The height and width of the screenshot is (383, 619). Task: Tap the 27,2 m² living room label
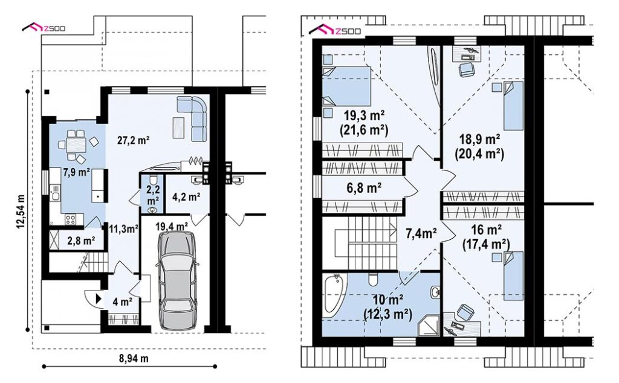tap(134, 140)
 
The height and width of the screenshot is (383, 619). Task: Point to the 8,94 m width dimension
tap(134, 359)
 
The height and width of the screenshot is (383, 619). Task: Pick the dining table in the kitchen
tap(77, 145)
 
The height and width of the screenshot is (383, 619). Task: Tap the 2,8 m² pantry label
tap(81, 240)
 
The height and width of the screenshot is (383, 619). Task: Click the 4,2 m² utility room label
tap(186, 196)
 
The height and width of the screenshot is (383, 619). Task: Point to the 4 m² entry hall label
tap(122, 303)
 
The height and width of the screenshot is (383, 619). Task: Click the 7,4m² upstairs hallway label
tap(421, 234)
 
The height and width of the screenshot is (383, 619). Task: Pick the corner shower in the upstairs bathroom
tap(429, 325)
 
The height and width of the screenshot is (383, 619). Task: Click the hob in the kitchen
tap(71, 219)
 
